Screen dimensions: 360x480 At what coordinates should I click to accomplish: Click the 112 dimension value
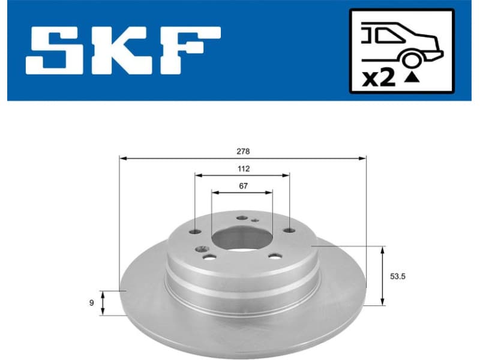tap(242, 169)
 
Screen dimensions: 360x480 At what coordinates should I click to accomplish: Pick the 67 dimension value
tap(243, 186)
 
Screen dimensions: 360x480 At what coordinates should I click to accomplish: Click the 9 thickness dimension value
tap(92, 303)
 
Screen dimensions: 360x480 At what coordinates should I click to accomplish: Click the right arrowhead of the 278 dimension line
tap(363, 158)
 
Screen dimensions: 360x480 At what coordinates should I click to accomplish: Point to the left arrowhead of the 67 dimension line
tap(215, 193)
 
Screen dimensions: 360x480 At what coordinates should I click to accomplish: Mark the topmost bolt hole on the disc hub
tap(241, 218)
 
